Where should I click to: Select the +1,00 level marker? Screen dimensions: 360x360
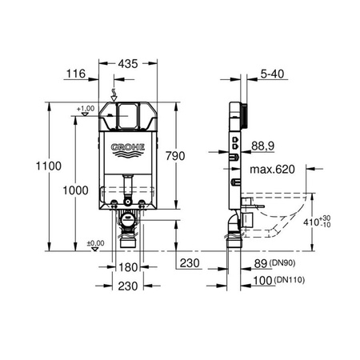(x=86, y=108)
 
